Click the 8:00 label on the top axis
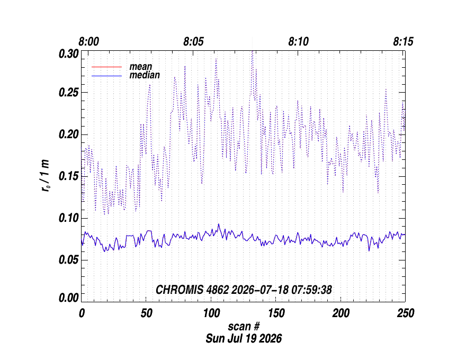88,42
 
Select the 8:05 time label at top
193,42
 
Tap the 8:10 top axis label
298,42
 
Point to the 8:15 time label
403,42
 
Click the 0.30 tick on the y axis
69,54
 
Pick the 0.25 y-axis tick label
69,93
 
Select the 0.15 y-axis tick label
69,176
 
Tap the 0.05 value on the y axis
69,260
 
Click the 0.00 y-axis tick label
69,298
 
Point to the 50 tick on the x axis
146,313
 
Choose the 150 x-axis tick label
276,313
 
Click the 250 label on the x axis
406,313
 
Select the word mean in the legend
140,67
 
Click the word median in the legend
145,75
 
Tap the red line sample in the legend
106,67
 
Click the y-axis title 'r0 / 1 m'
45,176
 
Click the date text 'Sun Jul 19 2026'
244,339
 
